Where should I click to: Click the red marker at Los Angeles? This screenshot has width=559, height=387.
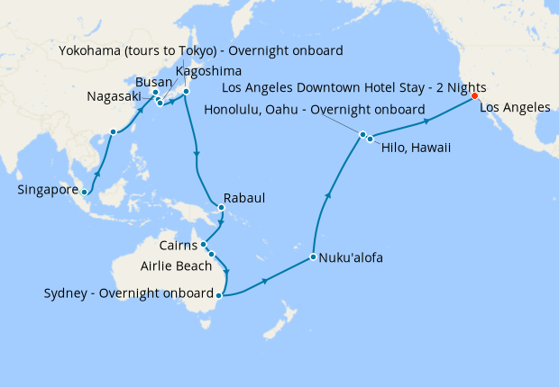[x=475, y=98]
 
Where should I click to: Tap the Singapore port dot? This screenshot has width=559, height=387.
[x=84, y=192]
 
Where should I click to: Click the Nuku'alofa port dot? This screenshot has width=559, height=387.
[x=312, y=257]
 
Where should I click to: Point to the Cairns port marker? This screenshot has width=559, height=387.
[x=204, y=244]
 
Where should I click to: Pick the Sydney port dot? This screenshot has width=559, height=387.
[x=219, y=293]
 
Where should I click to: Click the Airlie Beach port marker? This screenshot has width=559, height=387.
[x=211, y=255]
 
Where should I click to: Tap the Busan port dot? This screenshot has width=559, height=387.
[x=155, y=93]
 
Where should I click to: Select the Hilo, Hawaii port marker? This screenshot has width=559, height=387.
[x=370, y=139]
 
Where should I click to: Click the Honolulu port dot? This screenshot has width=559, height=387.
[x=363, y=135]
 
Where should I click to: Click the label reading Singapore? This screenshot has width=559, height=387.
[x=47, y=191]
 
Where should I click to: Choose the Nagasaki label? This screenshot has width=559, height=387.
[x=114, y=96]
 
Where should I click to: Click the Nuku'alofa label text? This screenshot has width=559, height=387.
[x=352, y=258]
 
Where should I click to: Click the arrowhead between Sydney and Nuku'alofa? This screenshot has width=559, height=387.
[x=266, y=282]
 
